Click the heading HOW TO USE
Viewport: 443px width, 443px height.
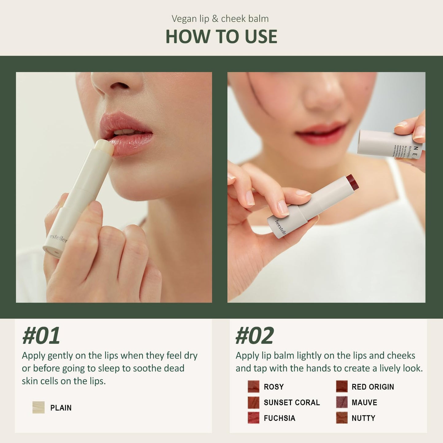[221, 37]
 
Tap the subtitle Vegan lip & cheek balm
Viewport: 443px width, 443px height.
[220, 19]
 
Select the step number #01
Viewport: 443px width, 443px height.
[41, 336]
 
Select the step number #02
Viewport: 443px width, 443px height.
[254, 336]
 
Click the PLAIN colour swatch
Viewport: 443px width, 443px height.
[39, 407]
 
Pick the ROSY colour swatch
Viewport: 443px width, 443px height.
[254, 387]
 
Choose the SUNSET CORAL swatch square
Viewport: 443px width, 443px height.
[254, 402]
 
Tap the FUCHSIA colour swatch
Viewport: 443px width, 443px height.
[254, 418]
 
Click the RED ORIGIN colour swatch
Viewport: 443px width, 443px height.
[342, 387]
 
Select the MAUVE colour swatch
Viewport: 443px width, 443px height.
[342, 402]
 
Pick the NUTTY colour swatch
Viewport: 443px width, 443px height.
[342, 418]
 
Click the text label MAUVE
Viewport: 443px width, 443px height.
[364, 403]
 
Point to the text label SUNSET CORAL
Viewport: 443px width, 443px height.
[292, 403]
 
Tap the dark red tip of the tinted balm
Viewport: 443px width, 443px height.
[352, 182]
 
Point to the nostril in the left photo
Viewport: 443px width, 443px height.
[119, 86]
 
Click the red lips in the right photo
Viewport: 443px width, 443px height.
[322, 134]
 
